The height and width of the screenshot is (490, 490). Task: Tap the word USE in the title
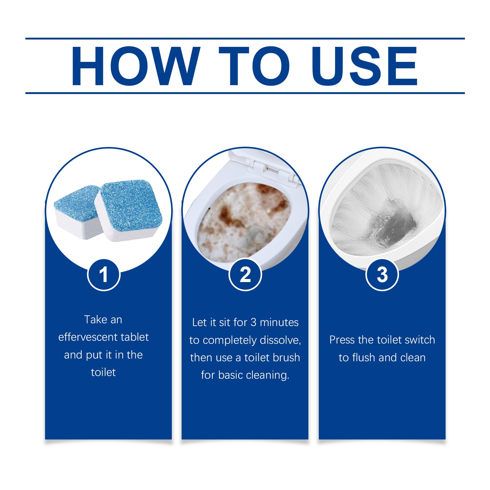(364, 66)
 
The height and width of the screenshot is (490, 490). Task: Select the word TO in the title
(254, 66)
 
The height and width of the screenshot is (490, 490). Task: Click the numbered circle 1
(104, 275)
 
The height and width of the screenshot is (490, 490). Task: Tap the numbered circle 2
(245, 275)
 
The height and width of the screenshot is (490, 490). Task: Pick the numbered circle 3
(382, 275)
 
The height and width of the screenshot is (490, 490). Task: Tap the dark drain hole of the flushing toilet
(395, 224)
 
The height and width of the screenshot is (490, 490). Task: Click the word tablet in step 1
(134, 337)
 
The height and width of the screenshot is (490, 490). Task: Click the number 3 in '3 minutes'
(253, 322)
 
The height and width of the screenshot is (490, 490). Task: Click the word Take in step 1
(95, 320)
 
